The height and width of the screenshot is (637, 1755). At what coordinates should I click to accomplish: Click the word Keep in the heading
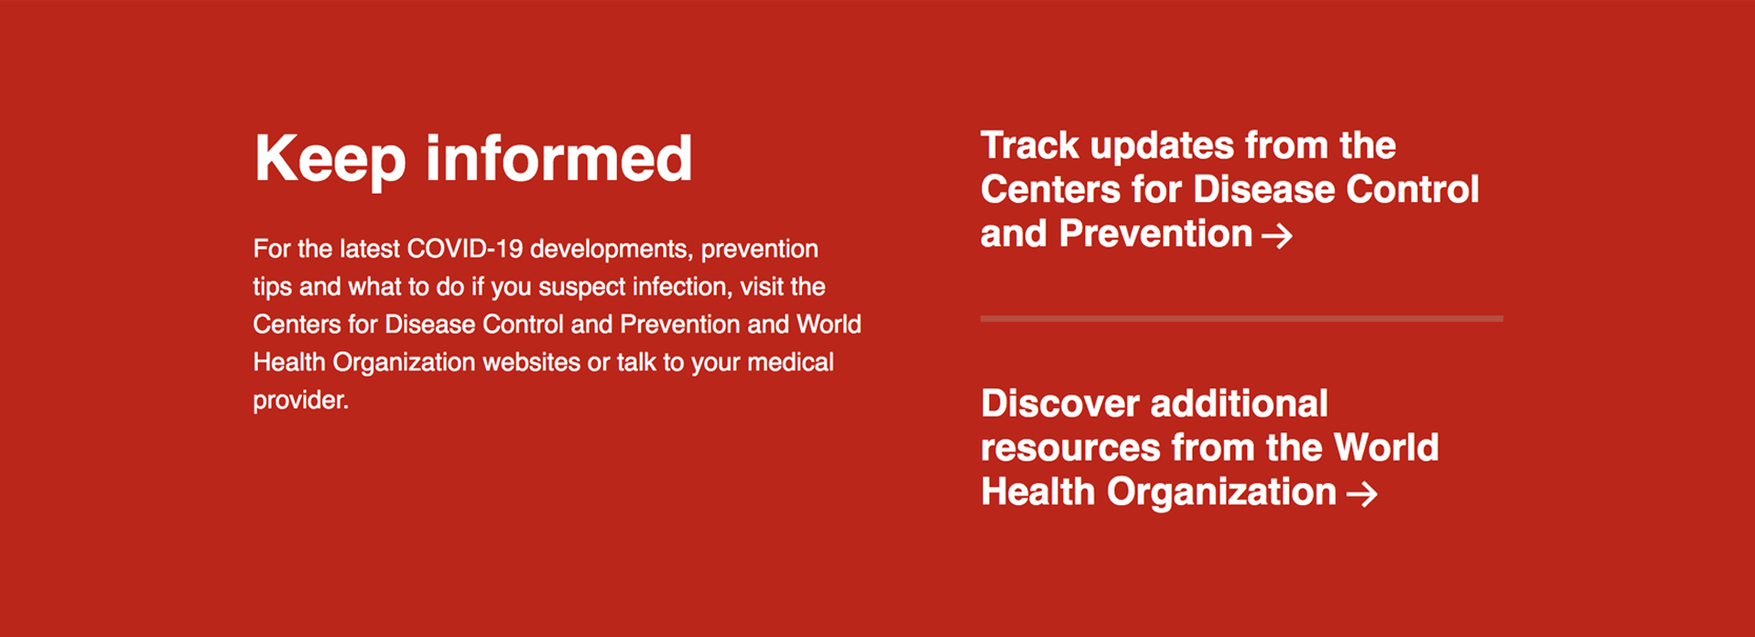pyautogui.click(x=330, y=160)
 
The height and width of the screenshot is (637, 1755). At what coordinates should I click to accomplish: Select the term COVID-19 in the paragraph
pyautogui.click(x=465, y=249)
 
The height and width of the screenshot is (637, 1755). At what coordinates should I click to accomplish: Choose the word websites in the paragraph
pyautogui.click(x=531, y=362)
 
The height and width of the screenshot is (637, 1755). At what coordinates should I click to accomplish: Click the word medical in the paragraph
pyautogui.click(x=790, y=362)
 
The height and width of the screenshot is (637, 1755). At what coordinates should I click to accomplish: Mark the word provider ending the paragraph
pyautogui.click(x=300, y=401)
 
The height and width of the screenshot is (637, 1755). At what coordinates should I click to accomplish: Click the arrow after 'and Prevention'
pyautogui.click(x=1277, y=236)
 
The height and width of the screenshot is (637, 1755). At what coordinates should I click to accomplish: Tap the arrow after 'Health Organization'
pyautogui.click(x=1362, y=494)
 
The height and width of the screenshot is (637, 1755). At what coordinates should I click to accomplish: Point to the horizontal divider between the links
pyautogui.click(x=1241, y=318)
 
